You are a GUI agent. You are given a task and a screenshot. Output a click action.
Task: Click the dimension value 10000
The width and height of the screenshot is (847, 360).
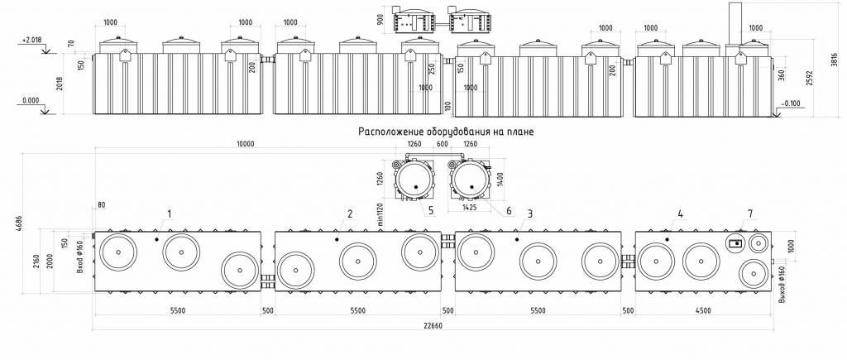click(246, 145)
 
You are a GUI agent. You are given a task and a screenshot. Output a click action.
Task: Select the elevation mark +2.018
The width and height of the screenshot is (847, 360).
click(31, 39)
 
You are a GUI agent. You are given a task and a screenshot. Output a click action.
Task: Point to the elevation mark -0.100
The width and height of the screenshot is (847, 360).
click(790, 103)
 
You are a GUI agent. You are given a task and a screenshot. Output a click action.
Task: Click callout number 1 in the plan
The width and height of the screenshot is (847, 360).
click(169, 214)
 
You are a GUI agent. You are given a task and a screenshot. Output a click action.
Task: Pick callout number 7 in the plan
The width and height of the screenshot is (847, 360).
click(750, 214)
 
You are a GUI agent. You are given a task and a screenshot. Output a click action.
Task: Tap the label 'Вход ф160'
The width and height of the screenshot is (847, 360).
click(80, 258)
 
